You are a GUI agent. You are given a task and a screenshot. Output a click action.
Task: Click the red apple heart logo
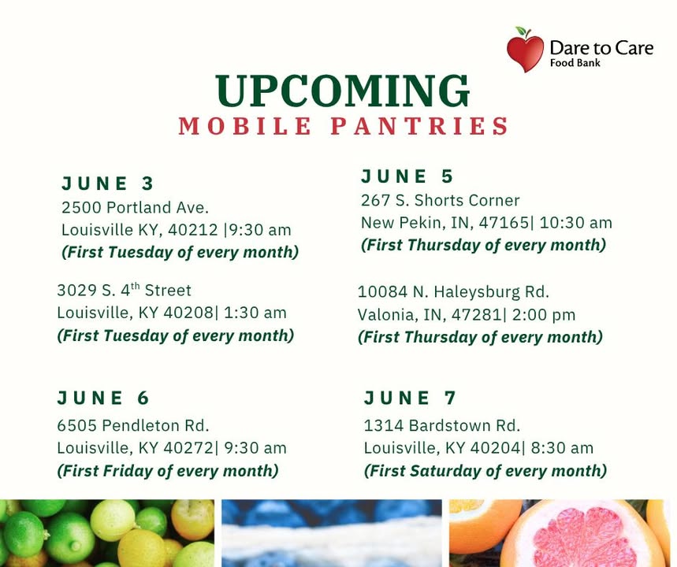coord(525,50)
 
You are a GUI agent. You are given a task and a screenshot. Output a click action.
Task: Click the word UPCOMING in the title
coord(342,91)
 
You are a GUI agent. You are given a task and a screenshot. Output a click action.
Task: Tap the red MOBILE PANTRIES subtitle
coord(344,126)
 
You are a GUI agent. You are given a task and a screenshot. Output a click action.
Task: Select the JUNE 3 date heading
coord(107,183)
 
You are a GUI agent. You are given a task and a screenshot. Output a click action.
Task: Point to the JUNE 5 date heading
coord(407,176)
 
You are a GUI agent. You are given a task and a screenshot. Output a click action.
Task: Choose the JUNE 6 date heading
coord(103,398)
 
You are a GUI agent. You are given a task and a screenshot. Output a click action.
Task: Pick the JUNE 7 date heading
coord(410,398)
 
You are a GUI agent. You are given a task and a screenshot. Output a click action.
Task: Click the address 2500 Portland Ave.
coord(135,208)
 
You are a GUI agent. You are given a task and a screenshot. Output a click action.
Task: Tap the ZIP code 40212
coord(193,230)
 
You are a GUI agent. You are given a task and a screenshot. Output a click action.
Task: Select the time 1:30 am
coord(255,313)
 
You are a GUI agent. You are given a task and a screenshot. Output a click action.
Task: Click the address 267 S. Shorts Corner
coord(441,201)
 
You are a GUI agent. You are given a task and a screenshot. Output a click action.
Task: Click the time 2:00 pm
coord(544,315)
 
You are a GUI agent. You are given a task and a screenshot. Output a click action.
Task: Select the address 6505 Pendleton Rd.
coord(133,425)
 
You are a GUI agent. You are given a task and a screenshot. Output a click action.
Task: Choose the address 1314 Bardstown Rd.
coord(441,425)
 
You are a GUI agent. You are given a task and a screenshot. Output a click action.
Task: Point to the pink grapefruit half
coord(582,535)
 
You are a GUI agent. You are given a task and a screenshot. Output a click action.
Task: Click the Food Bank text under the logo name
coord(575,63)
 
